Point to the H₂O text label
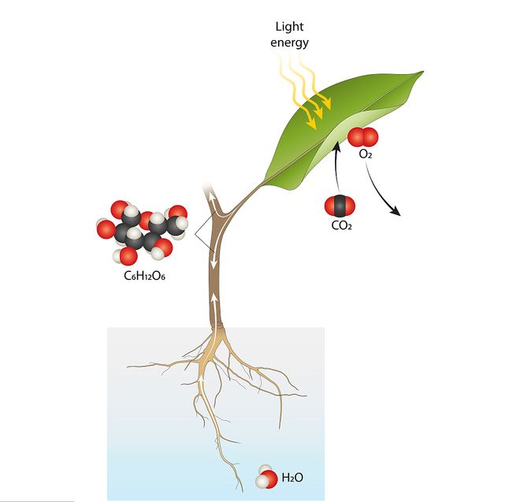292,478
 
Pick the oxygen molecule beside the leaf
363,137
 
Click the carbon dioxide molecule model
340,206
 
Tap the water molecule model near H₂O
266,478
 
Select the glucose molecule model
143,232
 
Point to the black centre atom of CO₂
340,206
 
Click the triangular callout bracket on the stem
201,232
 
